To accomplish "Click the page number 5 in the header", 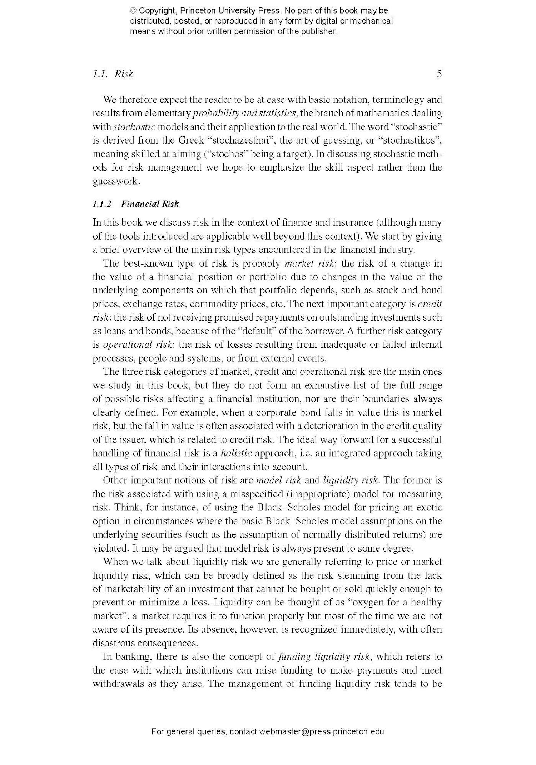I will coord(439,74).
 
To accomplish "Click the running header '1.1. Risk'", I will coord(113,74).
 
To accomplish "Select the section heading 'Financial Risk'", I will coord(150,204).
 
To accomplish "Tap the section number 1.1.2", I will coord(102,204).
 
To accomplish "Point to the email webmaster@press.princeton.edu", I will coord(322,731).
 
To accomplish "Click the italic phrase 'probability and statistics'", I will coord(244,113).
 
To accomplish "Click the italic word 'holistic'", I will coord(236,453).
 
